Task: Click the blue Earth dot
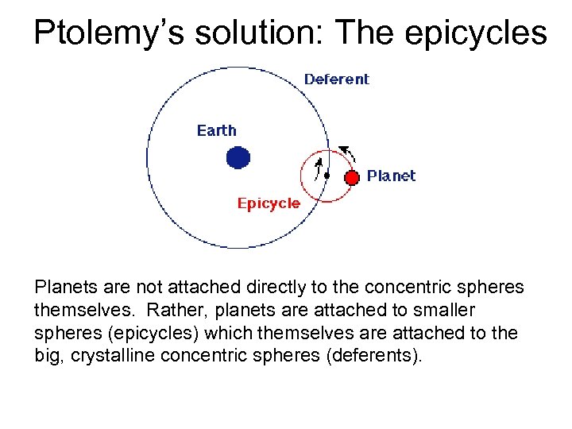[x=238, y=157]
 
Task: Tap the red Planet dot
[x=351, y=176]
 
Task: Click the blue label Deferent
[x=337, y=79]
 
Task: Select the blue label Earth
[x=217, y=130]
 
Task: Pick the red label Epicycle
[x=269, y=203]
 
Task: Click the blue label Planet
[x=391, y=176]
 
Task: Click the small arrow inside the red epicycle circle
[x=319, y=167]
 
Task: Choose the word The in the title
[x=365, y=33]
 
